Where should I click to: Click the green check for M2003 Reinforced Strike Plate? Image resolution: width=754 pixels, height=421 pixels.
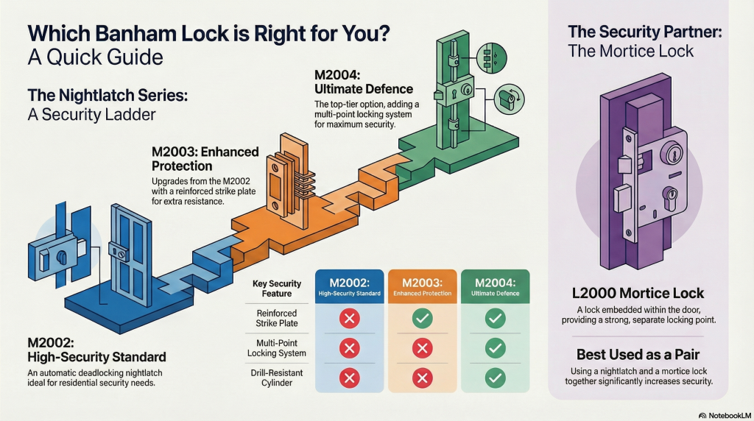422,319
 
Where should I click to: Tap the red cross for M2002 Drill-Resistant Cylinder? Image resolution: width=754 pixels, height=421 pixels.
349,378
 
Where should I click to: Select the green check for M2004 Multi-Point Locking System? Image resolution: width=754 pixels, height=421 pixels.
495,348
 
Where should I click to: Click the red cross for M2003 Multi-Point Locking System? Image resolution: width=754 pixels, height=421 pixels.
422,348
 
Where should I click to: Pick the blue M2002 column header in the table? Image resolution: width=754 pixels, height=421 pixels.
350,286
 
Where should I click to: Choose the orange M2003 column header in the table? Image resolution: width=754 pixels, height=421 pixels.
422,286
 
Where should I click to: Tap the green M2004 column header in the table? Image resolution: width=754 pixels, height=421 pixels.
495,286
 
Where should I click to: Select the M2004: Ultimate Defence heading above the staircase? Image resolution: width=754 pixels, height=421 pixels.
352,82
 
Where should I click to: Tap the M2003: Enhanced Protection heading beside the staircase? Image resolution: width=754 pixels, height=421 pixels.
205,159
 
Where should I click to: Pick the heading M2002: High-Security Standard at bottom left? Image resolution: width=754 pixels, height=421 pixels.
97,350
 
